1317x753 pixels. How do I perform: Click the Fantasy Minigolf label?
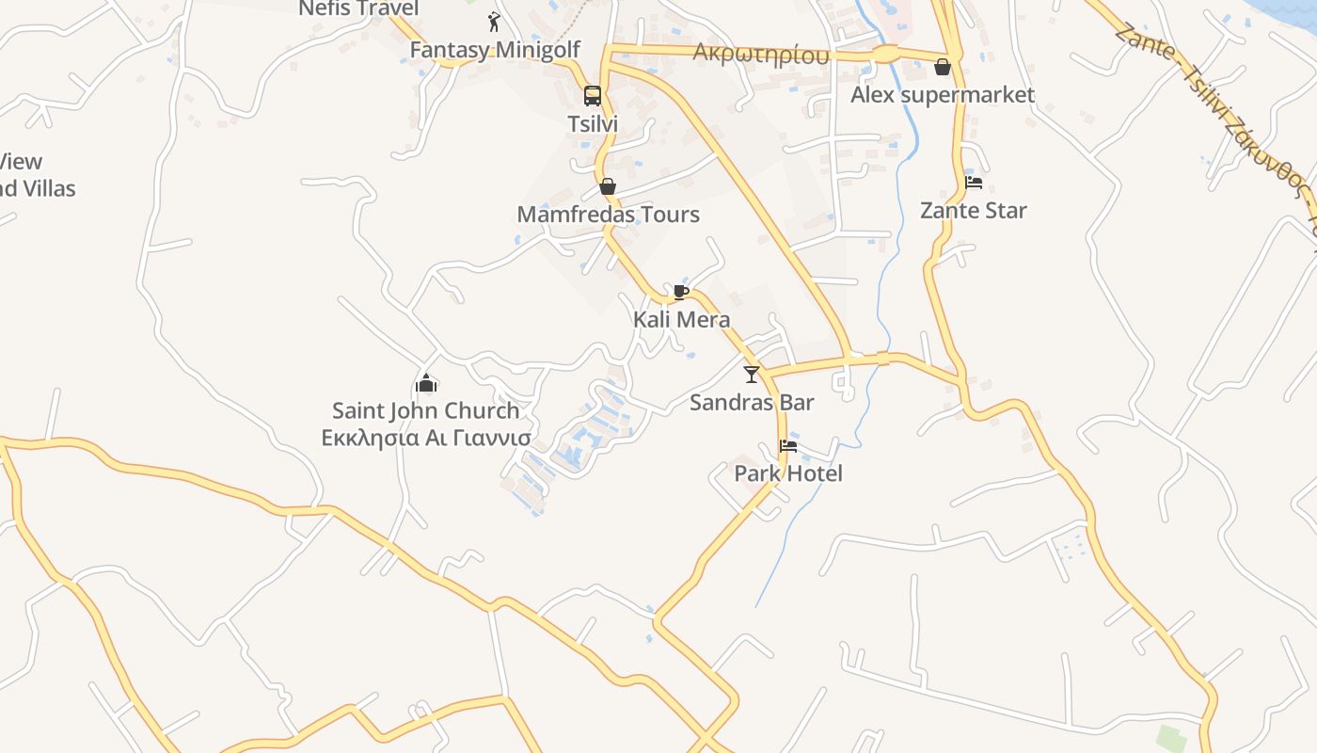click(x=495, y=50)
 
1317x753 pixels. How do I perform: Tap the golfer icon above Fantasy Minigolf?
click(x=495, y=22)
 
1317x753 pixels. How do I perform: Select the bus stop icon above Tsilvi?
click(x=592, y=95)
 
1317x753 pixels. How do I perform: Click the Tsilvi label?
click(x=593, y=123)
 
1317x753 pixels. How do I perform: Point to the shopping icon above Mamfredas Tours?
click(x=608, y=186)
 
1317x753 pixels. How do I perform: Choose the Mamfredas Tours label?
click(x=608, y=215)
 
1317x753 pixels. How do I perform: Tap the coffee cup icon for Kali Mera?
click(x=681, y=292)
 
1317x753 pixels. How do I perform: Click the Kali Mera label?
click(x=681, y=319)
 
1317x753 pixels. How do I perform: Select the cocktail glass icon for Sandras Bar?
click(x=751, y=375)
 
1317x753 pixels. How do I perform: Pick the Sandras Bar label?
click(x=751, y=403)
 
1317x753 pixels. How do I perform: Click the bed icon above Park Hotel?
click(x=788, y=445)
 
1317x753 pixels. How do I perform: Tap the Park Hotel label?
click(x=788, y=473)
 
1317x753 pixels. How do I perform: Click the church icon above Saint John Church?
click(x=426, y=383)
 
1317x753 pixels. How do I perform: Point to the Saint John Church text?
click(x=425, y=410)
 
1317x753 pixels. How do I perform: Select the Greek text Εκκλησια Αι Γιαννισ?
click(x=425, y=438)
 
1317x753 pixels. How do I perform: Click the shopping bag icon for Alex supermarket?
click(x=943, y=67)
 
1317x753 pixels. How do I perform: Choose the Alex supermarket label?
click(x=943, y=95)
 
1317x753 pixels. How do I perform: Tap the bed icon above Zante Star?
click(x=974, y=183)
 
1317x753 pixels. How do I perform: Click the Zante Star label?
click(x=974, y=210)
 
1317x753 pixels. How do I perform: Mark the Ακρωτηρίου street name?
click(x=761, y=54)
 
